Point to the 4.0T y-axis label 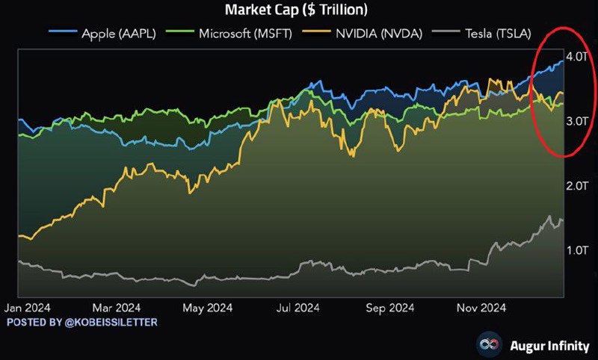(x=578, y=58)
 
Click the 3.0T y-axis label (x=578, y=121)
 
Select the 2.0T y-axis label (x=578, y=185)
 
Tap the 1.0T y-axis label (x=578, y=249)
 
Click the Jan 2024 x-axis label (x=29, y=307)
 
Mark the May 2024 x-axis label (x=207, y=307)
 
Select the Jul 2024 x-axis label (x=297, y=307)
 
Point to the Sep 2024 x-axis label (x=389, y=307)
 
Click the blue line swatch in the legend (x=58, y=34)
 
